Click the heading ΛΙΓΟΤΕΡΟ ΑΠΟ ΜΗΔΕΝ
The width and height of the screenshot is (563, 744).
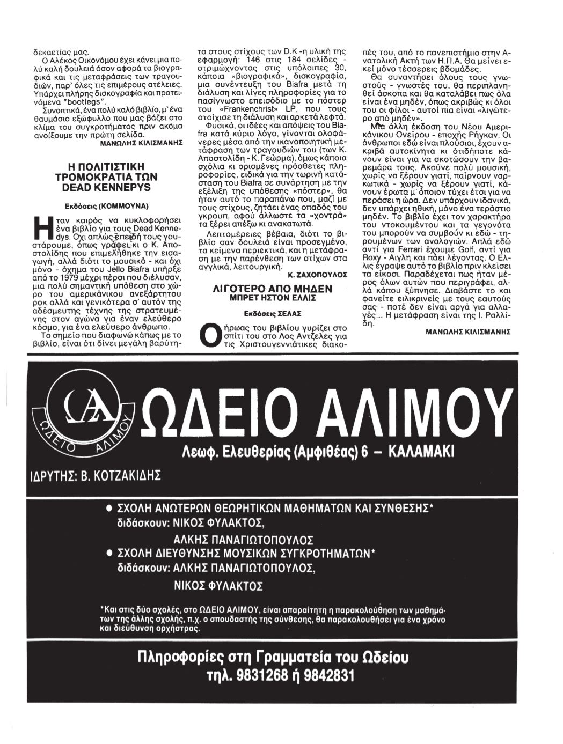[x=273, y=289]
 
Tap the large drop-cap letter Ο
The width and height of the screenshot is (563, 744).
[x=206, y=335]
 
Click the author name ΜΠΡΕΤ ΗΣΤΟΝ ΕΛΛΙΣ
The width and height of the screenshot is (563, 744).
[x=273, y=298]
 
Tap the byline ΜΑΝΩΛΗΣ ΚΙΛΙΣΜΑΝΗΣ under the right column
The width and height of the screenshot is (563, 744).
[x=467, y=332]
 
